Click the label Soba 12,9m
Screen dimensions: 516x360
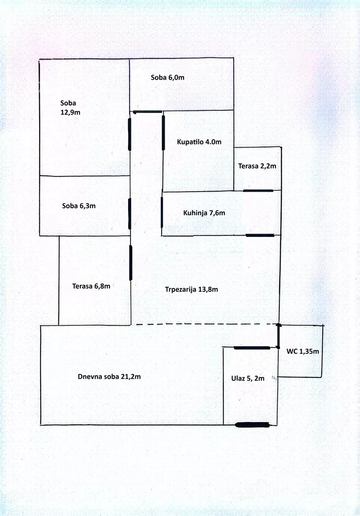[x=69, y=107]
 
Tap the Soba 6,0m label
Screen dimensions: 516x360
[x=167, y=77]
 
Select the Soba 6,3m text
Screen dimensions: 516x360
[x=79, y=206]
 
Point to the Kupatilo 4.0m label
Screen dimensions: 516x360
[x=199, y=142]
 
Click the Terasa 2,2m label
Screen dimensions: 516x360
[x=257, y=166]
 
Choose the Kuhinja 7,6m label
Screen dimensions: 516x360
[x=204, y=213]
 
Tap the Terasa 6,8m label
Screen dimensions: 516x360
[x=91, y=286]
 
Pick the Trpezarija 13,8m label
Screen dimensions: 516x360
[x=191, y=289]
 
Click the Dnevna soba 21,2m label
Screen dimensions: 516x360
[x=109, y=376]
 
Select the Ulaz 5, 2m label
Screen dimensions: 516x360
[x=248, y=378]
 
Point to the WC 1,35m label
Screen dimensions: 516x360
[x=303, y=351]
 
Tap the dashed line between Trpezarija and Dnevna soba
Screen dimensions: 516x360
[x=206, y=324]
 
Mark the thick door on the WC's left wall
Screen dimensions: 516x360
[x=279, y=336]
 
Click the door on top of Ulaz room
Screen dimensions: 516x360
[x=252, y=348]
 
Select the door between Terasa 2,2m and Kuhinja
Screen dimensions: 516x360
[x=258, y=191]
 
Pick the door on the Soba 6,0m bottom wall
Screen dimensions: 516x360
[x=147, y=112]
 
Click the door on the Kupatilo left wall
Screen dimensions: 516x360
[x=164, y=132]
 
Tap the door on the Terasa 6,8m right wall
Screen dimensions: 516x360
[x=131, y=262]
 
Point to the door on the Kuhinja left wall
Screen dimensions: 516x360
[x=162, y=211]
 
